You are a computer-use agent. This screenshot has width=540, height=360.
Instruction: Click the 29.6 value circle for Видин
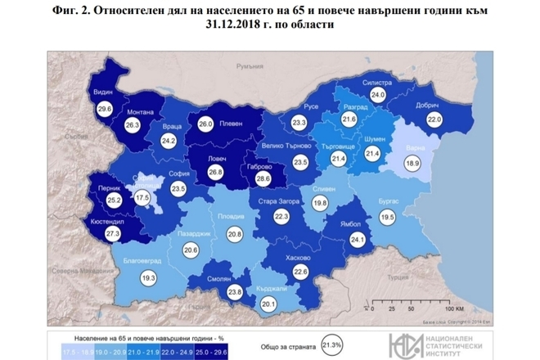coord(104,108)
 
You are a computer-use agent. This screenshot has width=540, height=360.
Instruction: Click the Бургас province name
coord(390,201)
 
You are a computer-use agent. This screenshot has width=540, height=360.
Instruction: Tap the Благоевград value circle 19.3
coord(148,278)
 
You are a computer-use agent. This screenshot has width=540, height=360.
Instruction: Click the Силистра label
coord(377,83)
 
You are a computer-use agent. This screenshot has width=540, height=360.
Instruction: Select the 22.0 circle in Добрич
coord(434,119)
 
